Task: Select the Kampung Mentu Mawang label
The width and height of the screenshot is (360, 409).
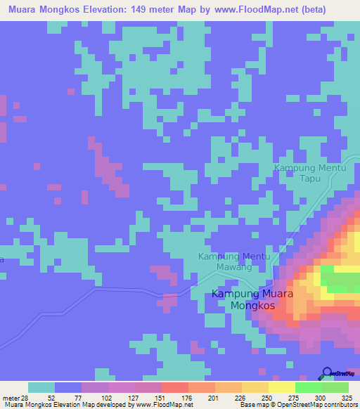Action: click(234, 261)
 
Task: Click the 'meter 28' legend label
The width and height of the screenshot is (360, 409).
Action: click(13, 397)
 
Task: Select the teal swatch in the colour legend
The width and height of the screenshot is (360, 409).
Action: click(41, 387)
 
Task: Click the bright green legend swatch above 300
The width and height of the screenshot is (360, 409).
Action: click(308, 387)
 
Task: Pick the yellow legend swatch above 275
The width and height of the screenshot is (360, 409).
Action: click(281, 387)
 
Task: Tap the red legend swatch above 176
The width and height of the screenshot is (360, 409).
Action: click(174, 387)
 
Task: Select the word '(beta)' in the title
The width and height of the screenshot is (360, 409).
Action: click(339, 8)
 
